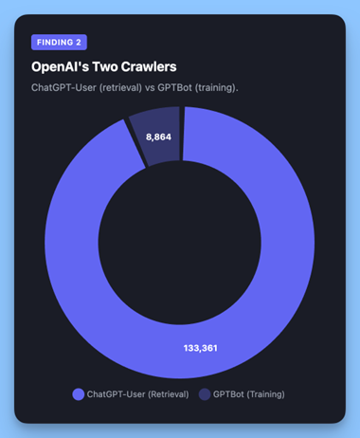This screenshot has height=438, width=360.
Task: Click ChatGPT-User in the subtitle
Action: [x=65, y=88]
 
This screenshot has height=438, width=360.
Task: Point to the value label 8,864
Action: [x=158, y=138]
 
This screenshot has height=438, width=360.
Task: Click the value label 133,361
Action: [x=200, y=348]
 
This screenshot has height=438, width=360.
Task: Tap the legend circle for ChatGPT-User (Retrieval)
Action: [x=78, y=393]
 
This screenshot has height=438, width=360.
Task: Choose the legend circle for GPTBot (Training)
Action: [x=205, y=393]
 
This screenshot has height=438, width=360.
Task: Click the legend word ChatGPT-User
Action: [x=115, y=393]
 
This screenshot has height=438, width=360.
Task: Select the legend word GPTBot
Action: [x=228, y=393]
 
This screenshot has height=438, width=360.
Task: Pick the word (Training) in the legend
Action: [x=266, y=393]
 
